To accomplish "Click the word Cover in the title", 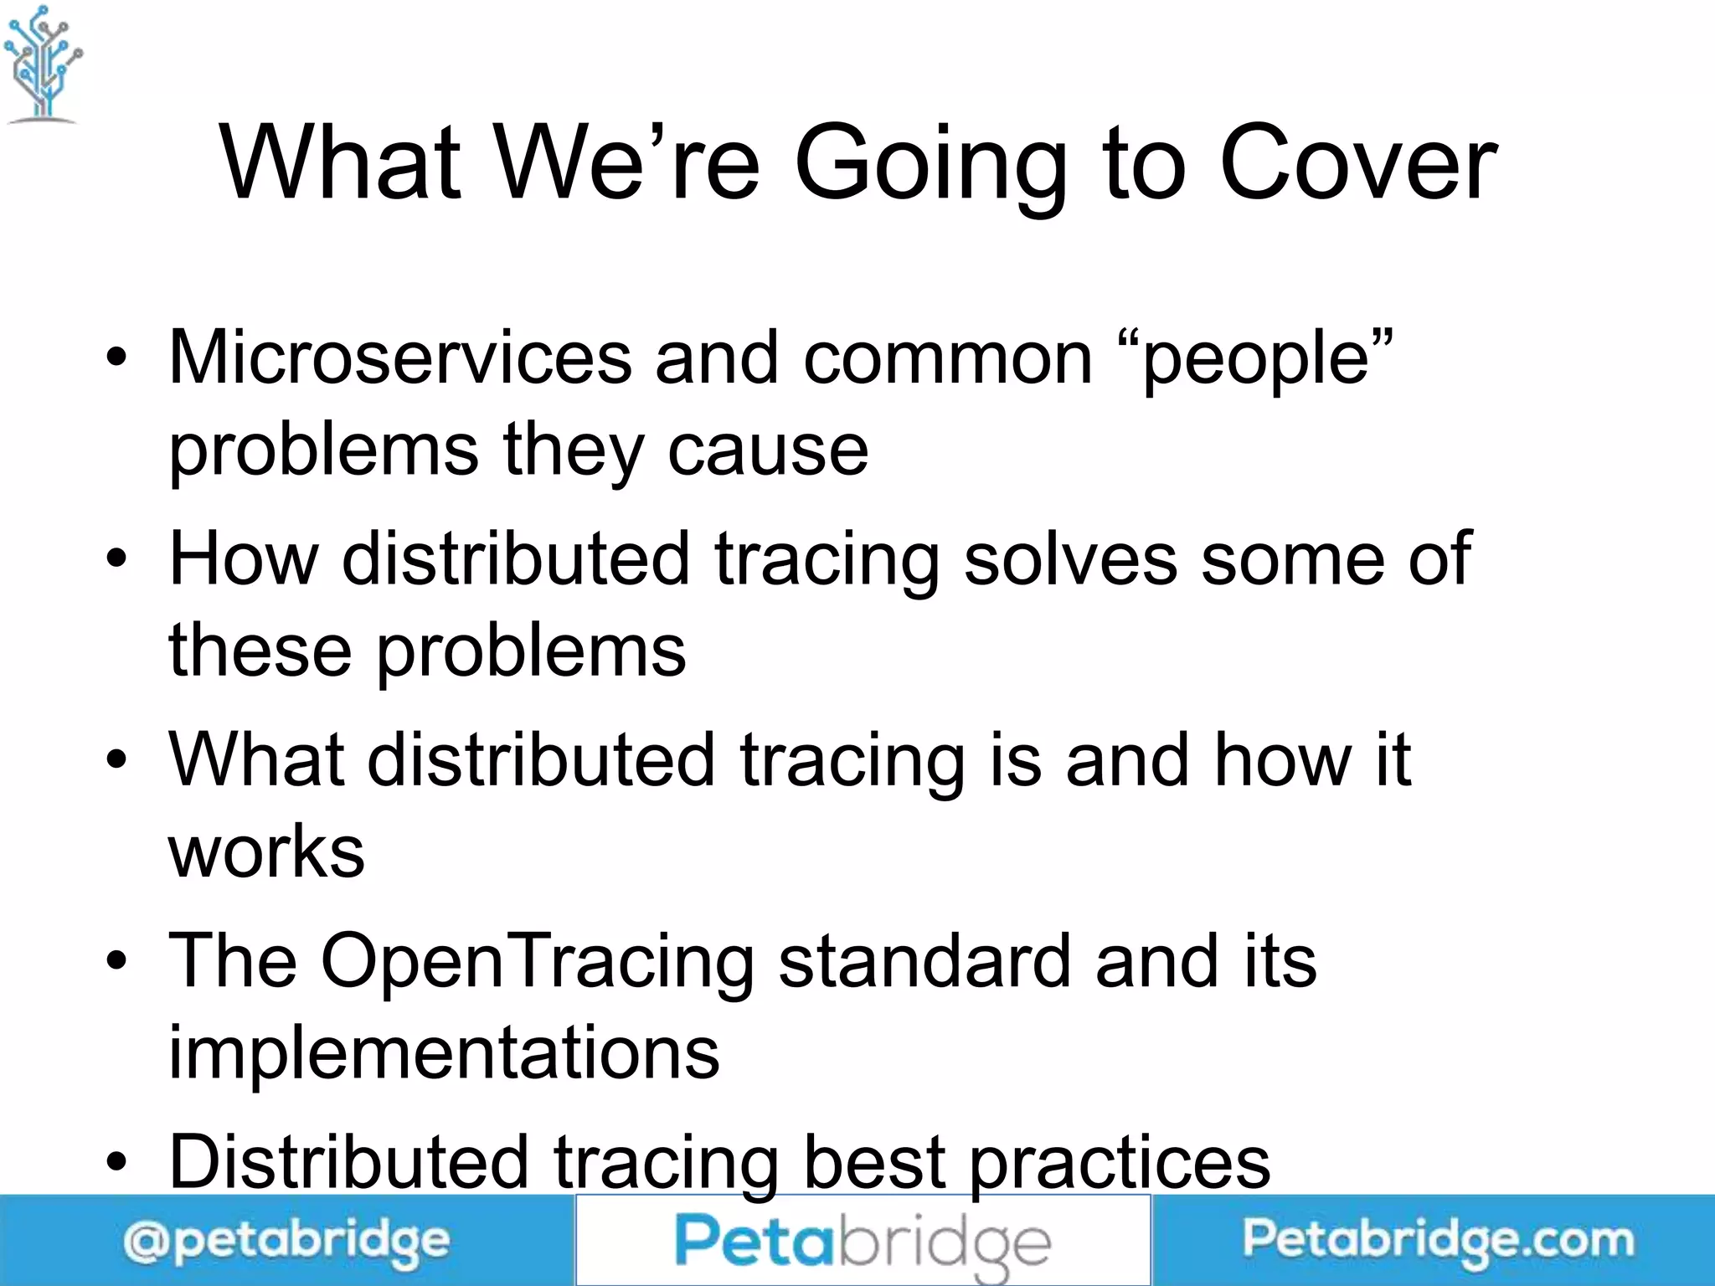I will coord(1357,162).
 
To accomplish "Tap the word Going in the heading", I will coord(930,166).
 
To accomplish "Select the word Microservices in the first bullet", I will coord(400,358).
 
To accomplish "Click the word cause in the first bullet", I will coord(768,450).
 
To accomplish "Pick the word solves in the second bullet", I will coord(1069,558).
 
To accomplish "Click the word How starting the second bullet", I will coord(244,558).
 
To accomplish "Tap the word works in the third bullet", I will coord(266,852).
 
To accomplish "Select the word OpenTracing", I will coord(537,962).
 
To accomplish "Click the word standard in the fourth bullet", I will coord(924,960).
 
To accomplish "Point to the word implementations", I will coord(444,1052).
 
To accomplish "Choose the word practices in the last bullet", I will coord(1120,1164).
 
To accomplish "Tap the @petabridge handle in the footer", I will coord(286,1242).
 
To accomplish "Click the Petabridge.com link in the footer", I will coord(1438,1240).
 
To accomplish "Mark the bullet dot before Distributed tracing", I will coord(117,1162).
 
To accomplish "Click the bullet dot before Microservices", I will coord(117,358).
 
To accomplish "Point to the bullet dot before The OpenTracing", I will coord(117,961).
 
